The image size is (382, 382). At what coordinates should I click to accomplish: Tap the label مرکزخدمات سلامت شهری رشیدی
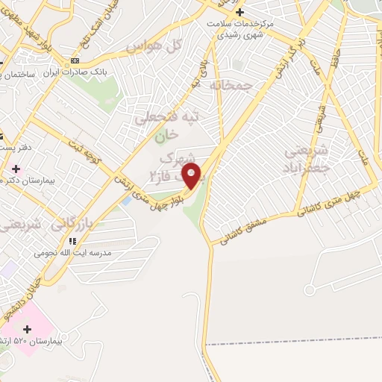coord(240,29)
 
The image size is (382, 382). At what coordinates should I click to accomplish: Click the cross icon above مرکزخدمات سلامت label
coord(239,12)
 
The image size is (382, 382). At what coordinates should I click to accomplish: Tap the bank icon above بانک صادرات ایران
coord(74,60)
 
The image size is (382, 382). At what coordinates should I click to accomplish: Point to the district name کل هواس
coord(154,46)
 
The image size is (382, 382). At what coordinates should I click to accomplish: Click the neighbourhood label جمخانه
coord(253,87)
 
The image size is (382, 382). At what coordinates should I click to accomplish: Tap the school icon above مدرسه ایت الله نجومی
coord(72,240)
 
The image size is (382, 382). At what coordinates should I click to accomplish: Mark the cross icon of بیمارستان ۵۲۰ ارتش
coord(28,328)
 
